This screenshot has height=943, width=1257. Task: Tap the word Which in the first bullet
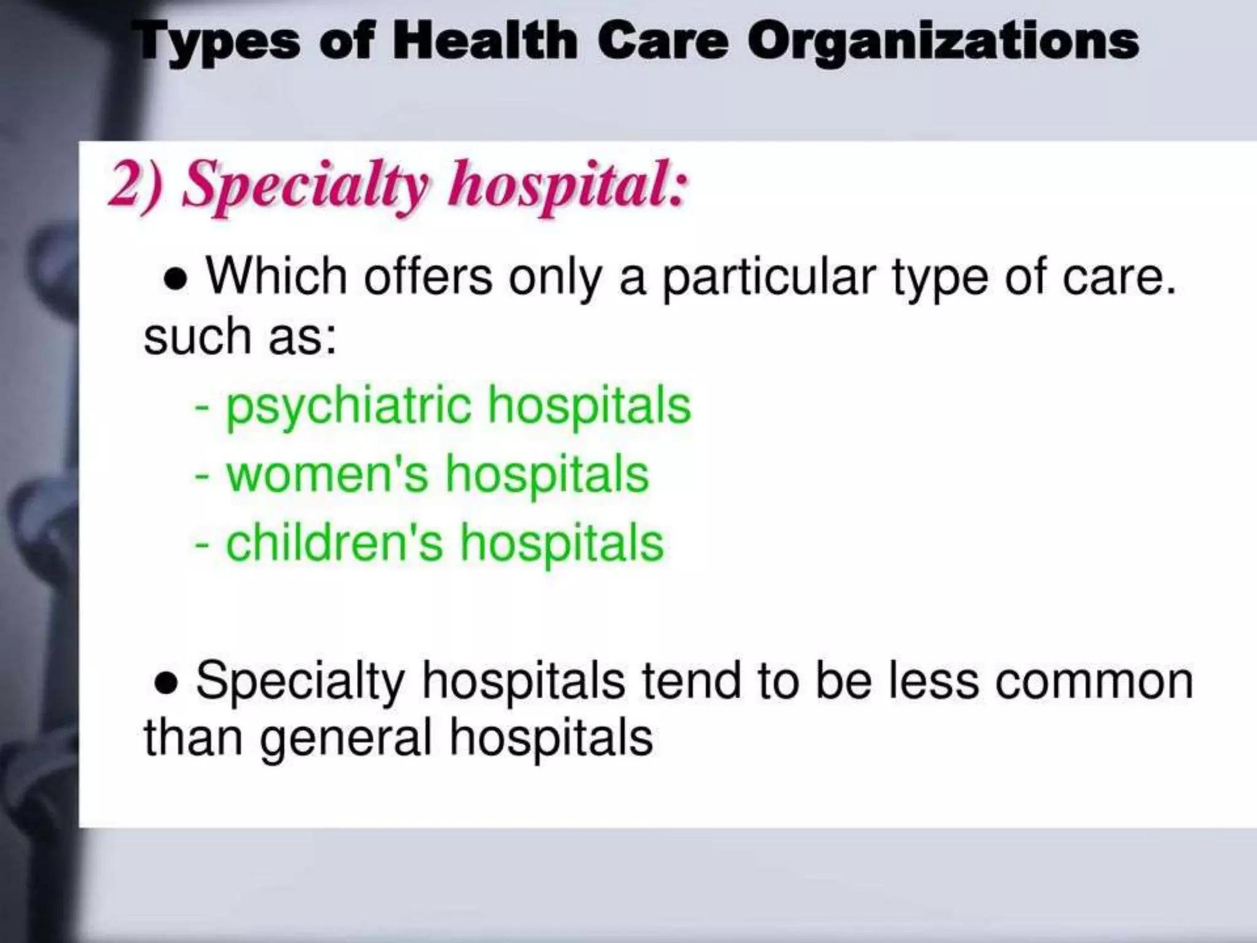point(277,276)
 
